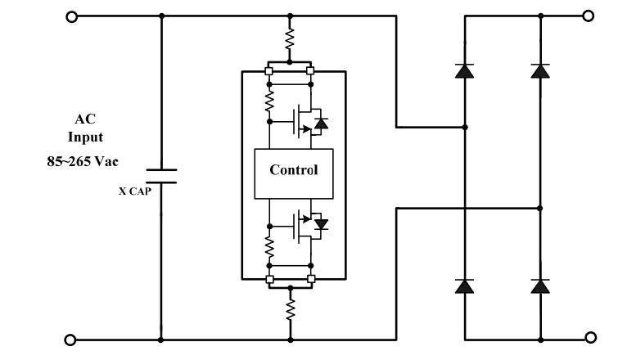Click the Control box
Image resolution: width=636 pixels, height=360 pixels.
coord(294,173)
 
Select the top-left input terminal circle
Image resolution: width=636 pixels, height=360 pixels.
coord(71,16)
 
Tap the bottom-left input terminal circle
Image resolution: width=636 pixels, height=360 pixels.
coord(71,340)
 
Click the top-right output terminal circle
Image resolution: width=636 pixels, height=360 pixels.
coord(588,16)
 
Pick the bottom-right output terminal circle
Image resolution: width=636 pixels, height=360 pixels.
coord(588,336)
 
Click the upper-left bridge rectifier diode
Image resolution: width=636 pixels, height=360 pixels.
coord(465,71)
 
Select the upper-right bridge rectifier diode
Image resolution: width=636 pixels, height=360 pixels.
coord(540,71)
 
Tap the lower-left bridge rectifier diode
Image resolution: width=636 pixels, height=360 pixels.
coord(465,286)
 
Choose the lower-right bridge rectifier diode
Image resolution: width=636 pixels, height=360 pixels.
coord(540,286)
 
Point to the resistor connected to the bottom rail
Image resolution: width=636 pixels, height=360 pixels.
coord(290,308)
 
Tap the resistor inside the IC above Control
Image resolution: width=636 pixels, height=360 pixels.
coord(269,102)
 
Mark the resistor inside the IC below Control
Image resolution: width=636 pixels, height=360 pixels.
coord(269,245)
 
